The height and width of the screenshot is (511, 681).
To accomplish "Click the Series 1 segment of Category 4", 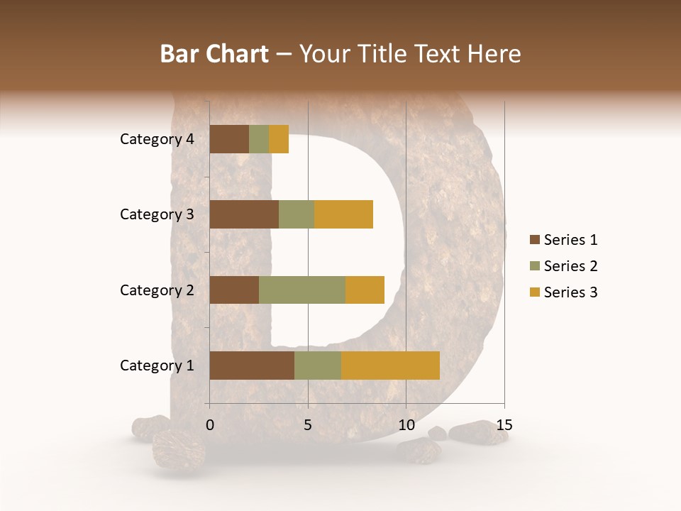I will pos(229,139).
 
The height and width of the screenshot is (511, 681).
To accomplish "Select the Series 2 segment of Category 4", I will pos(259,139).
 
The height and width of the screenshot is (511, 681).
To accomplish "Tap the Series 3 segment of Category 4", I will pos(279,139).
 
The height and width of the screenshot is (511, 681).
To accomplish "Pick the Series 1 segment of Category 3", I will pos(244,214).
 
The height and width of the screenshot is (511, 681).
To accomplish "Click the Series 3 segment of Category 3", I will pos(343,214).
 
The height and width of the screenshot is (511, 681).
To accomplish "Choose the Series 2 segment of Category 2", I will pos(302,290).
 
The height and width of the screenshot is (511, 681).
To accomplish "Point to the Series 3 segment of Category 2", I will pos(365,290).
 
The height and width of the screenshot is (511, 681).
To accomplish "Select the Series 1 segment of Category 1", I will pos(252,366).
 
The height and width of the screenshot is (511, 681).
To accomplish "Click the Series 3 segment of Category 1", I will pos(390,366).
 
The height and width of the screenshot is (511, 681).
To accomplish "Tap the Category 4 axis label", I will pos(157,139).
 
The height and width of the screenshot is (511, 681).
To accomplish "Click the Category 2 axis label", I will pos(157,290).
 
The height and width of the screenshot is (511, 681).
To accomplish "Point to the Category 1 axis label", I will pos(157,366).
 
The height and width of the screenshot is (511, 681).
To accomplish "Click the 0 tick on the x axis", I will pos(210,425).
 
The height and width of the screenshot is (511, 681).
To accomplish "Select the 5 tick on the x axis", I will pos(308,425).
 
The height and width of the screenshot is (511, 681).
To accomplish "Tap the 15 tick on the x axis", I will pos(504,425).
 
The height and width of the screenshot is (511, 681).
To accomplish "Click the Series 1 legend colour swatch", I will pos(534,240).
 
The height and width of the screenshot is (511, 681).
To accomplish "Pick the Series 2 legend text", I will pos(570,266).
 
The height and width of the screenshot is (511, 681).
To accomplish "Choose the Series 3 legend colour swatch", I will pos(534,292).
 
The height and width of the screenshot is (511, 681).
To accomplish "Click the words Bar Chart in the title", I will pos(214,54).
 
